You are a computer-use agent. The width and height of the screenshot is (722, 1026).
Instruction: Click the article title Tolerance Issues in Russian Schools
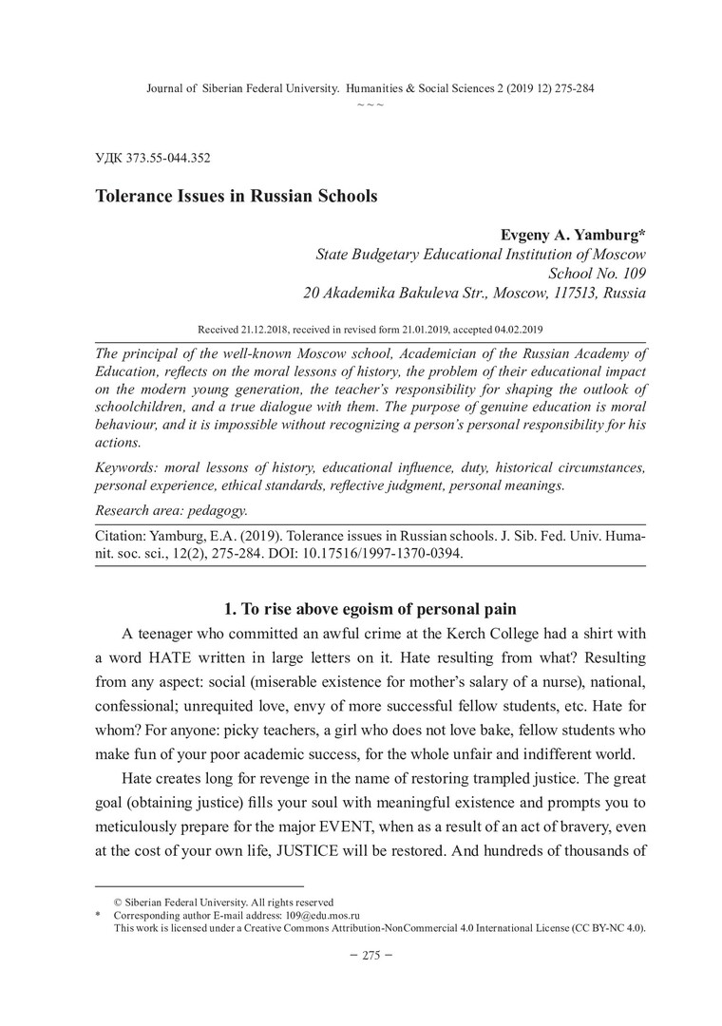coord(236,197)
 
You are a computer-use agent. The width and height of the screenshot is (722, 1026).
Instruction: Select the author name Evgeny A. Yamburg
coord(572,235)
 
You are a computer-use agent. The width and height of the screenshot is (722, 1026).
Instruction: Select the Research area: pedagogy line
coord(172,510)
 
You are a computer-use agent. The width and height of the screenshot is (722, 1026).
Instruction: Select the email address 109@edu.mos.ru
coord(320,916)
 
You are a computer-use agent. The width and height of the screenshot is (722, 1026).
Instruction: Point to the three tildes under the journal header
coord(370,103)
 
